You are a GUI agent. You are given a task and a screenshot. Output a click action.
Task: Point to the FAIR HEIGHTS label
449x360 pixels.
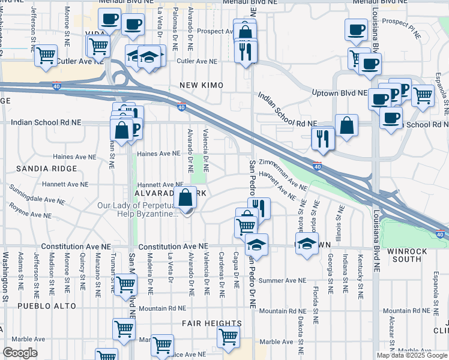[x=212, y=323]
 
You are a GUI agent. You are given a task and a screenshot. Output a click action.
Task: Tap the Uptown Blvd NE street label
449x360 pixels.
[x=339, y=93]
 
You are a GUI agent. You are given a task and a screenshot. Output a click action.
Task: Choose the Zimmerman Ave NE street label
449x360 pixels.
[x=288, y=174]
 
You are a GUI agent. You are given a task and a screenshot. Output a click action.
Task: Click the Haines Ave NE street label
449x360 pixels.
[x=159, y=154]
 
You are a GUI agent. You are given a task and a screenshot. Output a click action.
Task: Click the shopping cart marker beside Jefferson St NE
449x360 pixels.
[x=46, y=56]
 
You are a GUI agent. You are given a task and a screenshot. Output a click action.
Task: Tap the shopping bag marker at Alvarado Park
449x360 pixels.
[x=186, y=197]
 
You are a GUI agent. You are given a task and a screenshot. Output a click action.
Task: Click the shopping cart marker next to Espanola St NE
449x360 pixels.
[x=423, y=95]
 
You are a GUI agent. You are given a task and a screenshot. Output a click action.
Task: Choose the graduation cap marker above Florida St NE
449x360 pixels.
[x=307, y=244]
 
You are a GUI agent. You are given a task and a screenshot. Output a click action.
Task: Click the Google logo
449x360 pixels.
[x=20, y=353]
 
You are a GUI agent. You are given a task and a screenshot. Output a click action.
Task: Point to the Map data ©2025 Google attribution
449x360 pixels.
[x=411, y=355]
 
